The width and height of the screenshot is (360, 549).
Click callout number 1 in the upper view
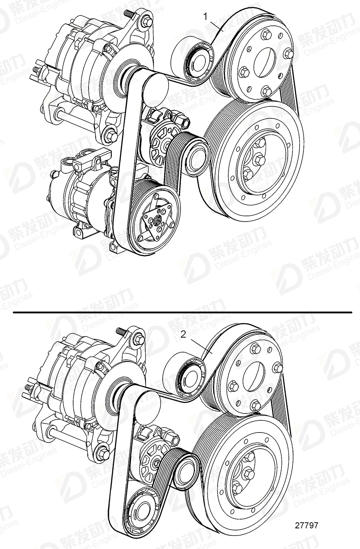[x=205, y=17]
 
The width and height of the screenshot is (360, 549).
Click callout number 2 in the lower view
[x=183, y=334]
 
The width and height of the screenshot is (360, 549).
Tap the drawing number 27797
[x=306, y=526]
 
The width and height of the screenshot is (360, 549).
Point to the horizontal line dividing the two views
[x=182, y=312]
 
